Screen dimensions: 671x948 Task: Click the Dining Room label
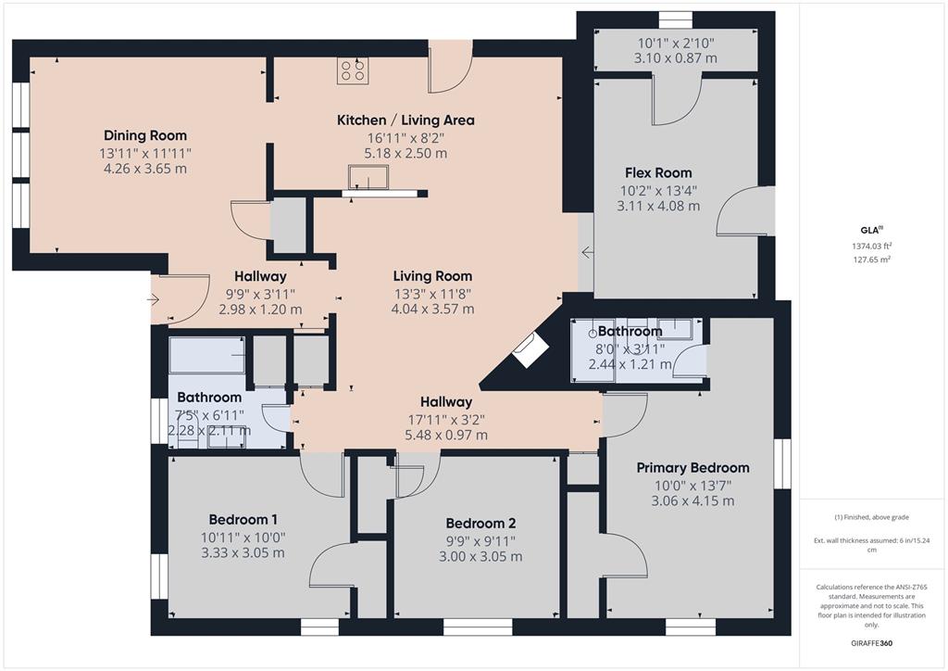pos(145,135)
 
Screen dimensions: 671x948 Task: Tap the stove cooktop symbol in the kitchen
pos(352,71)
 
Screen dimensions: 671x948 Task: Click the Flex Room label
pos(658,173)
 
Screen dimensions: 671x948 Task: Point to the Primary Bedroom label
pos(692,468)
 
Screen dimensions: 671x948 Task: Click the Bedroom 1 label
pos(243,519)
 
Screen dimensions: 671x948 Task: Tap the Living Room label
pos(432,276)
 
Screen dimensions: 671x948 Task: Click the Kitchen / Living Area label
pos(405,120)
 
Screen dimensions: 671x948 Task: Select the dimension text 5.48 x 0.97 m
pos(445,435)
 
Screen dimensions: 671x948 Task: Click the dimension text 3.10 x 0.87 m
pos(677,57)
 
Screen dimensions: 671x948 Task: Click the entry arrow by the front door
pos(154,299)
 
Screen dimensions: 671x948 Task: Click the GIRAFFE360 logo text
pos(873,643)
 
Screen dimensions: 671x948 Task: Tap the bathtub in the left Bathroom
pos(206,355)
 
